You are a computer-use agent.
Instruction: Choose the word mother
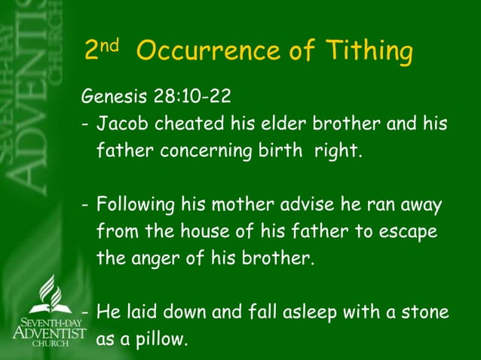click(x=246, y=205)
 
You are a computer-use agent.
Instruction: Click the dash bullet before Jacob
click(x=84, y=124)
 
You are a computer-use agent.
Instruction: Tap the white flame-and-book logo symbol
click(x=50, y=293)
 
